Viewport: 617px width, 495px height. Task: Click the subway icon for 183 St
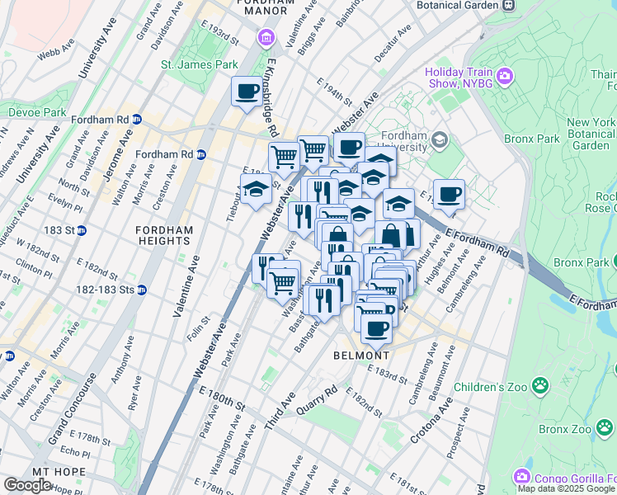click(82, 230)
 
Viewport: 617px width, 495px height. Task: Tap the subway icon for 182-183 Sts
click(141, 290)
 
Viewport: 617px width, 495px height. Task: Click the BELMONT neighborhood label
click(360, 355)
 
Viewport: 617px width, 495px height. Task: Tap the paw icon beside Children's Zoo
click(539, 385)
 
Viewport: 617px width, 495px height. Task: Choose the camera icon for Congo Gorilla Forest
click(521, 476)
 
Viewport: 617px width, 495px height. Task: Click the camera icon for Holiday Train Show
click(505, 77)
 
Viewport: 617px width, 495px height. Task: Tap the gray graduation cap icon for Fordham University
click(439, 140)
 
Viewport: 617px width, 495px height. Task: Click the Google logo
click(28, 484)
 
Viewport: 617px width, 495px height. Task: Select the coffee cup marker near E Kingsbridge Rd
click(247, 92)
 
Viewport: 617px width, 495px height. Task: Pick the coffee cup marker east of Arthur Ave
click(449, 195)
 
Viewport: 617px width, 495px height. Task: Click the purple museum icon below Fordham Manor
click(265, 38)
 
